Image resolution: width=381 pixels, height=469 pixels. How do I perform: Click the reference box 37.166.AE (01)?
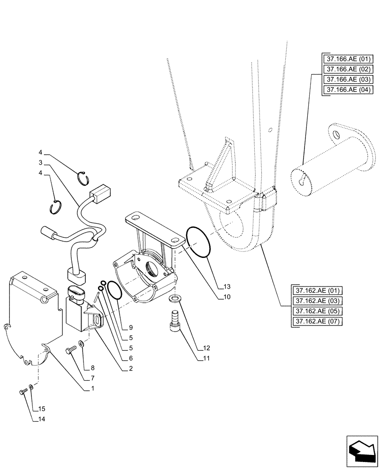coord(347,59)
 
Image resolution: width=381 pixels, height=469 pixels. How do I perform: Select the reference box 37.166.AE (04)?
coord(347,90)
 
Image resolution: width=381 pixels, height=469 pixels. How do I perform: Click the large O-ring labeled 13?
coord(198,242)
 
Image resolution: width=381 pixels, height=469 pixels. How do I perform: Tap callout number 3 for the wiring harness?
coord(41,162)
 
